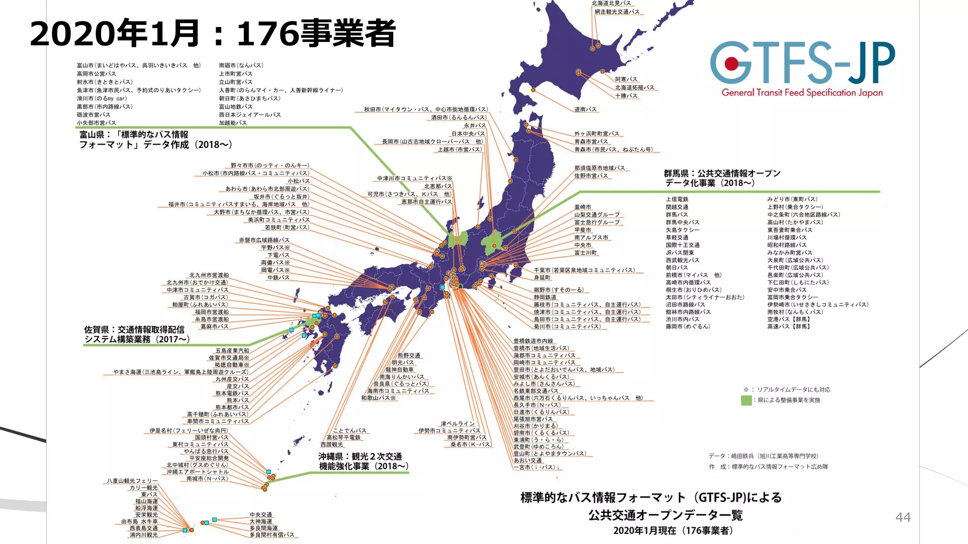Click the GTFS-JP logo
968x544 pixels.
pos(802,63)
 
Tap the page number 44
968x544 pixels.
pos(903,518)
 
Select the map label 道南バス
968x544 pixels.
pos(586,109)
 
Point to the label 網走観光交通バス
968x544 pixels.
pos(617,11)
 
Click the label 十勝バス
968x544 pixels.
pos(626,96)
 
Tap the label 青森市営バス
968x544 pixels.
pos(591,141)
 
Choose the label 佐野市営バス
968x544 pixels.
pos(591,176)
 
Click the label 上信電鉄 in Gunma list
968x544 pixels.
pos(677,199)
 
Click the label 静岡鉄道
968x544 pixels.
pos(545,297)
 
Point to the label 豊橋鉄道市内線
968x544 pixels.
pos(533,341)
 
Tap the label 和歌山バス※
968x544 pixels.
pos(379,398)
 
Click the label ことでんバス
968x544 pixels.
pos(349,431)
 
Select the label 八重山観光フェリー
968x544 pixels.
pos(132,481)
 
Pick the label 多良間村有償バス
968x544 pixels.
pos(272,535)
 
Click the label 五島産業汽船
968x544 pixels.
pos(232,351)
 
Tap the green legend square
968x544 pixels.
pos(746,400)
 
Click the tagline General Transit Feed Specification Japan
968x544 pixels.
pos(802,93)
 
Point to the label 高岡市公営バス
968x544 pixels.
pos(96,74)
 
